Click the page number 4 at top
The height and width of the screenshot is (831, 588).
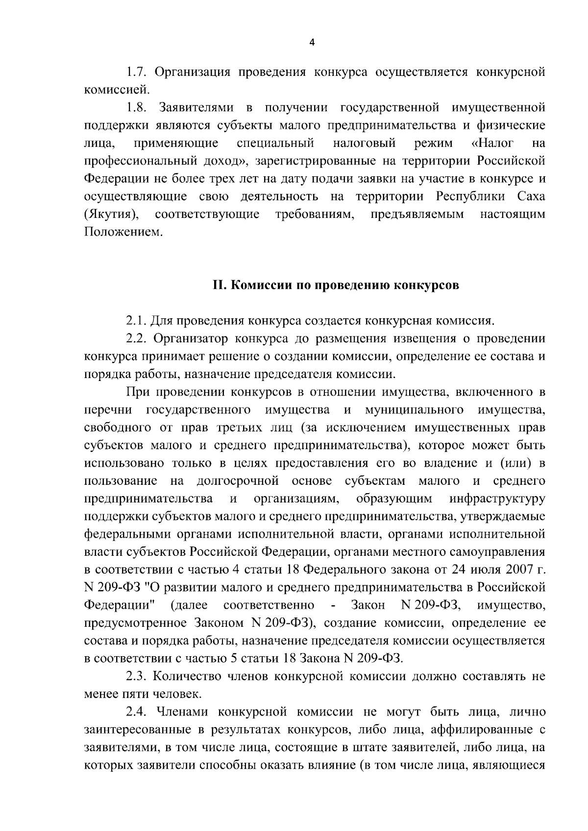pyautogui.click(x=313, y=43)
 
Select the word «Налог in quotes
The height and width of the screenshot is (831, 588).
pyautogui.click(x=492, y=143)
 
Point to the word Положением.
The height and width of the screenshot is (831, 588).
pyautogui.click(x=122, y=232)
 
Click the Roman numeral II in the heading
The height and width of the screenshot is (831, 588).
pyautogui.click(x=219, y=285)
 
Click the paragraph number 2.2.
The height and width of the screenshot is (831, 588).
pyautogui.click(x=137, y=339)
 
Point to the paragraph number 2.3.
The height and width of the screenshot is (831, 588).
pyautogui.click(x=137, y=677)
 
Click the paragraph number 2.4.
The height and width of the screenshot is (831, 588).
pyautogui.click(x=137, y=712)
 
